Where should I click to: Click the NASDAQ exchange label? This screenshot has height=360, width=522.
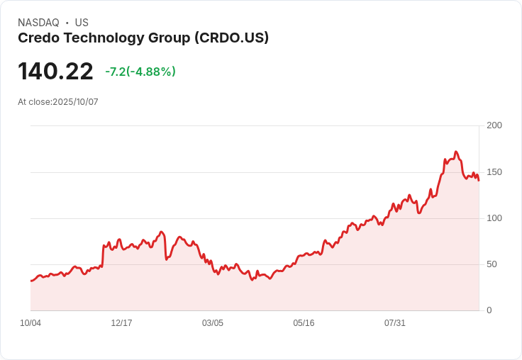38,23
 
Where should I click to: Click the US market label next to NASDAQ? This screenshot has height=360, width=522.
82,23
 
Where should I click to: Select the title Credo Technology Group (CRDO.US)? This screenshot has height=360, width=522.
143,38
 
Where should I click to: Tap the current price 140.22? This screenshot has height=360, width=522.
55,72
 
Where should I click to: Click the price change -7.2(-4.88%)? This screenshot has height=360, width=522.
140,72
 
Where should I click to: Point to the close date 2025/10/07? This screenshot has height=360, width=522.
75,102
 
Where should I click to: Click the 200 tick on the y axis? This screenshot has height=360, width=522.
494,125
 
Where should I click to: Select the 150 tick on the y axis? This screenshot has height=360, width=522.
494,172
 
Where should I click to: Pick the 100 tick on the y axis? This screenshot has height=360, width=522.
494,218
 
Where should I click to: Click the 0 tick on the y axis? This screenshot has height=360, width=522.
489,310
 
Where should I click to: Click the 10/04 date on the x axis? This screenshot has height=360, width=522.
30,323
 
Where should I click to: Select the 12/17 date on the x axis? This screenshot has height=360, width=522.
121,323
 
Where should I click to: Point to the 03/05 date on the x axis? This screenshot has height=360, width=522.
213,323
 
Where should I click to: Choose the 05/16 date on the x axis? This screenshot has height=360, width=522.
304,323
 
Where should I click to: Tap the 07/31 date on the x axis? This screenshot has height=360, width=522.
395,323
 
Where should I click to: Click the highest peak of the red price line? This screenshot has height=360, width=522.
456,152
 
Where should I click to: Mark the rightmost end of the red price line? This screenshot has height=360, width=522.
479,180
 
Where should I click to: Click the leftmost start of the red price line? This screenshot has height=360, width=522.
30,281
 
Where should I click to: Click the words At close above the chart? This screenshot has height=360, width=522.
34,102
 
